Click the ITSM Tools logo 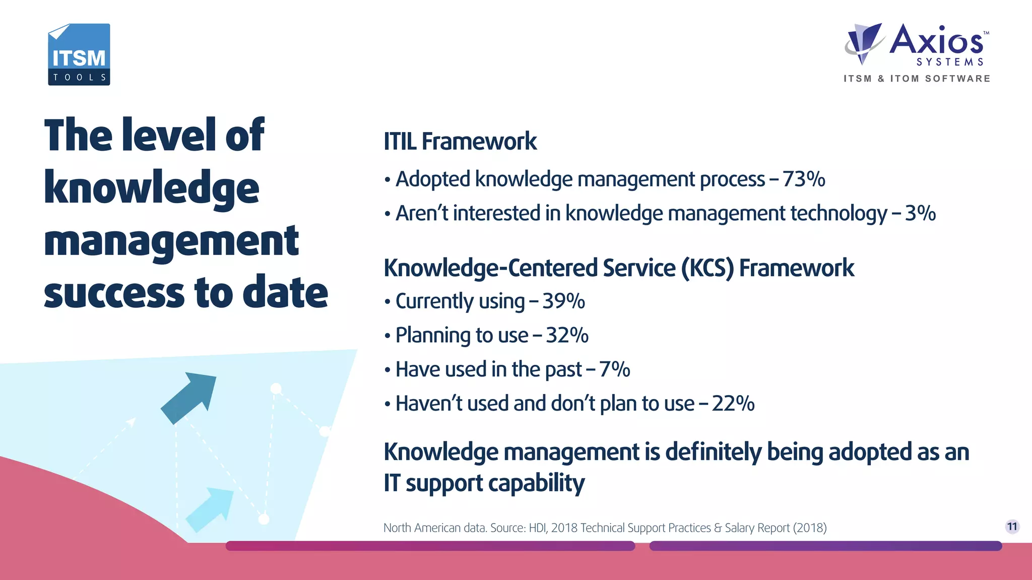[79, 54]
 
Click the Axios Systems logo [917, 45]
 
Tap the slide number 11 [1012, 527]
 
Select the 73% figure [804, 179]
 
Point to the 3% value [920, 213]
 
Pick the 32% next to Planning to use [567, 336]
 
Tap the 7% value [614, 369]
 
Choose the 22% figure [733, 404]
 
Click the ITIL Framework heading [460, 141]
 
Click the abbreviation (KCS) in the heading [707, 268]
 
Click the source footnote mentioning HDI [605, 528]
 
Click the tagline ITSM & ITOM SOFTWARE [917, 79]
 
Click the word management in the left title [171, 241]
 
